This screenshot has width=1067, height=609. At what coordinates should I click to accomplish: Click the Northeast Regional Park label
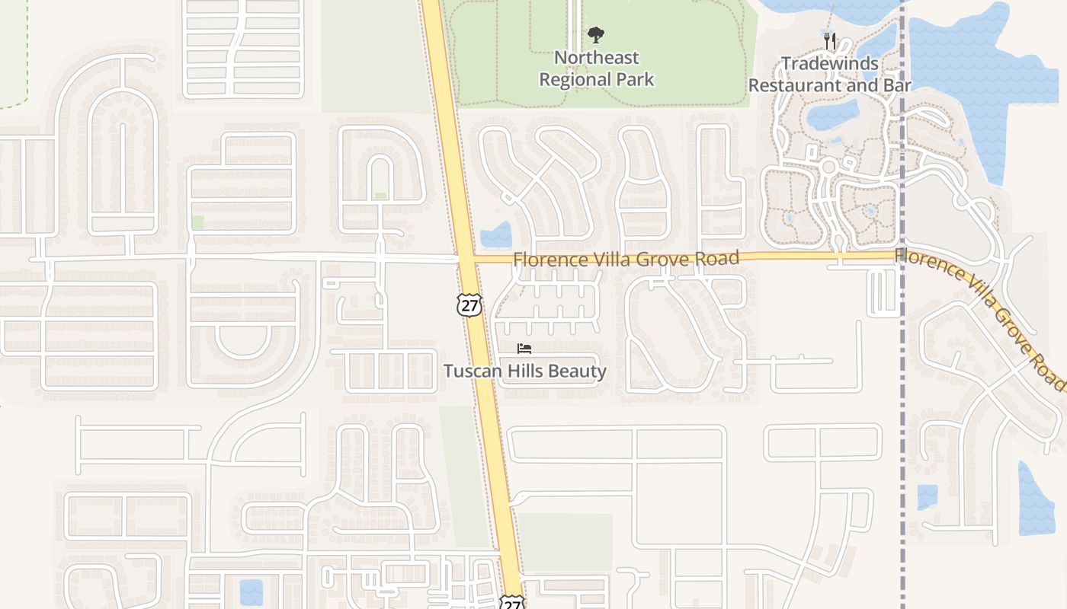pyautogui.click(x=597, y=69)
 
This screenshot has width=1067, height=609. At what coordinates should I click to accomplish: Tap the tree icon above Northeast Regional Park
pyautogui.click(x=596, y=34)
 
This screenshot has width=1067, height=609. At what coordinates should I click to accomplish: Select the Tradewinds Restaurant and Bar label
pyautogui.click(x=829, y=75)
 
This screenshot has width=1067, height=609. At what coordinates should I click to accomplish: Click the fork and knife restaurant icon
pyautogui.click(x=830, y=40)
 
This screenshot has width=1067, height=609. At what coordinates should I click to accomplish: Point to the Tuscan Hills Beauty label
pyautogui.click(x=525, y=371)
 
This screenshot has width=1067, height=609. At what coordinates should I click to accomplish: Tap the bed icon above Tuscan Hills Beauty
pyautogui.click(x=524, y=349)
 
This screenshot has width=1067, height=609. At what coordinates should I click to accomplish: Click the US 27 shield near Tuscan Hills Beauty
pyautogui.click(x=469, y=304)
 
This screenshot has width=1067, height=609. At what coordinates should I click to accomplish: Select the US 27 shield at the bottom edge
pyautogui.click(x=511, y=602)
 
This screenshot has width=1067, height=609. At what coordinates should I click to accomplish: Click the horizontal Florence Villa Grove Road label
pyautogui.click(x=626, y=259)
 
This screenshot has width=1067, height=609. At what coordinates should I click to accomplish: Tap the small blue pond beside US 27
pyautogui.click(x=496, y=235)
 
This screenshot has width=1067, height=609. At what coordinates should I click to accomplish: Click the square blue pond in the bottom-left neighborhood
pyautogui.click(x=251, y=592)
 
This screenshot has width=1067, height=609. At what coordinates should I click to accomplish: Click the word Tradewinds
pyautogui.click(x=830, y=64)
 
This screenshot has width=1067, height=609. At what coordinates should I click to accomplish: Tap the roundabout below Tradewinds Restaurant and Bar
pyautogui.click(x=829, y=165)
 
